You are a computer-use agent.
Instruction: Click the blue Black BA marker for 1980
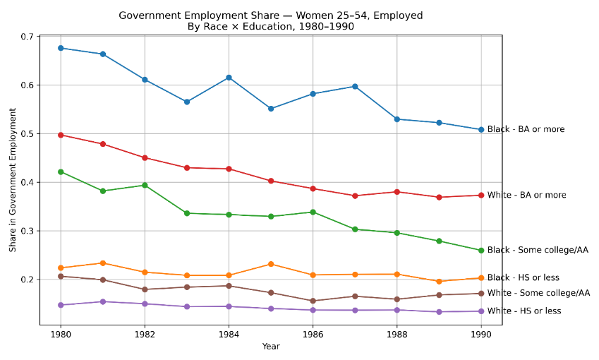tap(61, 48)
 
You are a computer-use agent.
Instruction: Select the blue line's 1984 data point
tap(229, 78)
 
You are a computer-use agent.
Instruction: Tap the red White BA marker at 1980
tap(61, 135)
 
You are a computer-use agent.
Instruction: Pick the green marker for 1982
tap(145, 185)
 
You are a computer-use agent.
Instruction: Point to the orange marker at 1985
tap(271, 264)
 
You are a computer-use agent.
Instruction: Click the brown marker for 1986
tap(313, 301)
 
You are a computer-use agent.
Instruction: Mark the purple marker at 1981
tap(103, 301)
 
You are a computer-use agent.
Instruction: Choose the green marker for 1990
tap(481, 251)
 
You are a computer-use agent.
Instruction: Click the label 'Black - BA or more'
tap(526, 130)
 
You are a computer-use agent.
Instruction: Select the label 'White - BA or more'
tap(526, 196)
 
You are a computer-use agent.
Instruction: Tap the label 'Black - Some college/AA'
tap(538, 250)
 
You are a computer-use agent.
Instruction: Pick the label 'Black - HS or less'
tap(523, 278)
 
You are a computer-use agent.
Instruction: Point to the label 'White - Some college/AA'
tap(538, 293)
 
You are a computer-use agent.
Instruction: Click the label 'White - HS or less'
tap(524, 311)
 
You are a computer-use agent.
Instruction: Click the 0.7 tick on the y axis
tap(28, 37)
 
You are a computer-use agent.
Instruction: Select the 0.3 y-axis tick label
tap(28, 232)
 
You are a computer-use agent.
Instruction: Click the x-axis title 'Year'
tap(271, 347)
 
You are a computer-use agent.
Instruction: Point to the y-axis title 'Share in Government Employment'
tap(13, 180)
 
